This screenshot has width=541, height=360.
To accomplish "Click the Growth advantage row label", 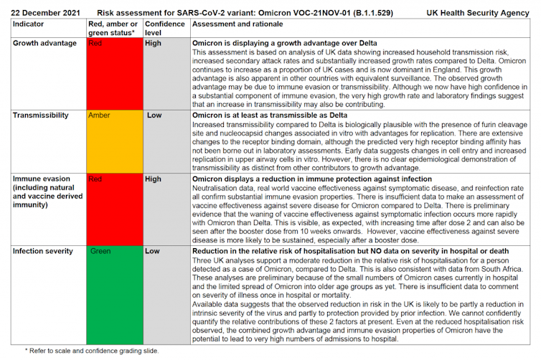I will point(45,43).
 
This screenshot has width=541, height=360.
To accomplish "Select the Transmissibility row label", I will point(42,115).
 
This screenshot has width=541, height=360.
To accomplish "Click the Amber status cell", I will point(113,141).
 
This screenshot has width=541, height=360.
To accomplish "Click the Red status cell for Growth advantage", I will point(113,72).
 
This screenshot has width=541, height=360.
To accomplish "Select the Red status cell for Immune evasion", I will point(113,209).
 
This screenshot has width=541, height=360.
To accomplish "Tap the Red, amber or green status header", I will point(113,28).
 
